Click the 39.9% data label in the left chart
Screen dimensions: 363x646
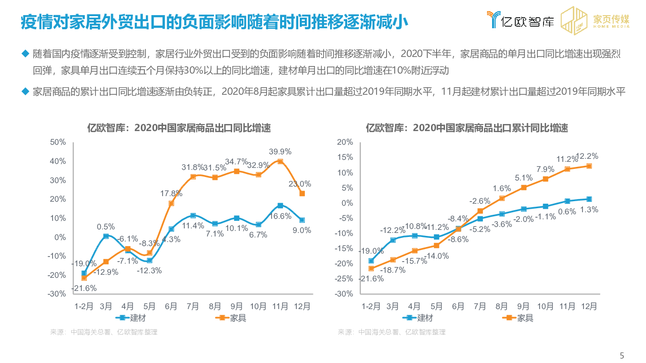pos(280,151)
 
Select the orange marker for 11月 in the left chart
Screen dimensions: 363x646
pos(280,161)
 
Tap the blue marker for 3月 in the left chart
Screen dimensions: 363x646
pos(106,236)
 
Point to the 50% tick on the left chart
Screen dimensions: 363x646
pos(58,142)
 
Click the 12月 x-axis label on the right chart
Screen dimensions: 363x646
pos(588,306)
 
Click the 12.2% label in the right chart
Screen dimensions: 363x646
pos(587,156)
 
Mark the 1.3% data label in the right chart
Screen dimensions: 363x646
pos(588,209)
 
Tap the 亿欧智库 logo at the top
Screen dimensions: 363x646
pos(520,20)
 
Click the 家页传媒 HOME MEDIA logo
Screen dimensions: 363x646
pos(596,20)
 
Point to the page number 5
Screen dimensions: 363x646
pos(622,355)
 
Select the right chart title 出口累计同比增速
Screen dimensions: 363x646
pos(467,128)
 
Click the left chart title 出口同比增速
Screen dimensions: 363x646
pos(179,128)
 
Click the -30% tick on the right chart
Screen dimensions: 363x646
pos(345,294)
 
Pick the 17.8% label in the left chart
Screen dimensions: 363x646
pos(172,193)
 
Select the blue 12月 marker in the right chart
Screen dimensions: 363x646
pos(588,199)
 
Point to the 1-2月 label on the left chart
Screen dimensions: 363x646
pos(84,306)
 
